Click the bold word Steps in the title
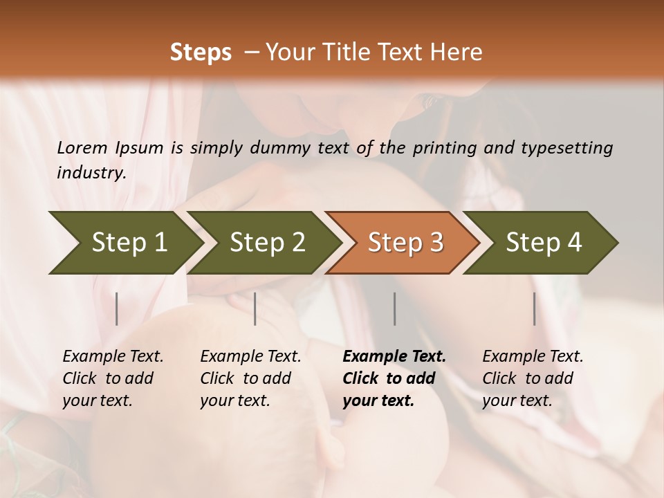tap(201, 53)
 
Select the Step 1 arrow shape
tap(124, 242)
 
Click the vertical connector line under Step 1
tap(117, 308)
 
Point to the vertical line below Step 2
tap(255, 308)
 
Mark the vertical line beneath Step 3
tap(394, 308)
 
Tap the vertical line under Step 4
tap(534, 308)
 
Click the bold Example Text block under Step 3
tap(394, 378)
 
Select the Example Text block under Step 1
tap(113, 378)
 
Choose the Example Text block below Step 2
tap(250, 378)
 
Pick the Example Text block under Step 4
tap(532, 378)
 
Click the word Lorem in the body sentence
tap(82, 147)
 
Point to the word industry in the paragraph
tap(91, 172)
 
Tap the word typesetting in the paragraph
tap(571, 147)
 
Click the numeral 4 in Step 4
tap(574, 242)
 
